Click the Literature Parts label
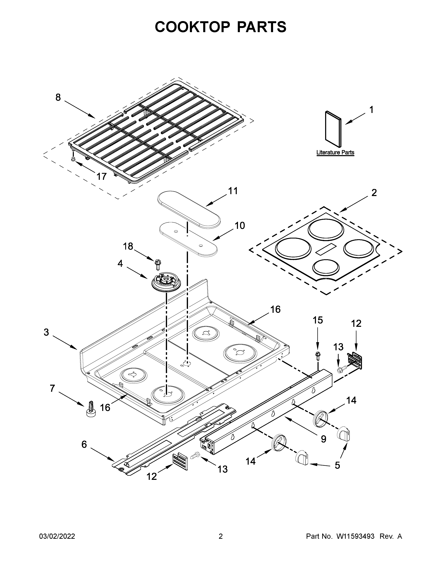[335, 152]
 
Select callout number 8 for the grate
[58, 97]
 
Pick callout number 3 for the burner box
[46, 332]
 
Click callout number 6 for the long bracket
[84, 444]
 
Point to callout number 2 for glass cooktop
[374, 193]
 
